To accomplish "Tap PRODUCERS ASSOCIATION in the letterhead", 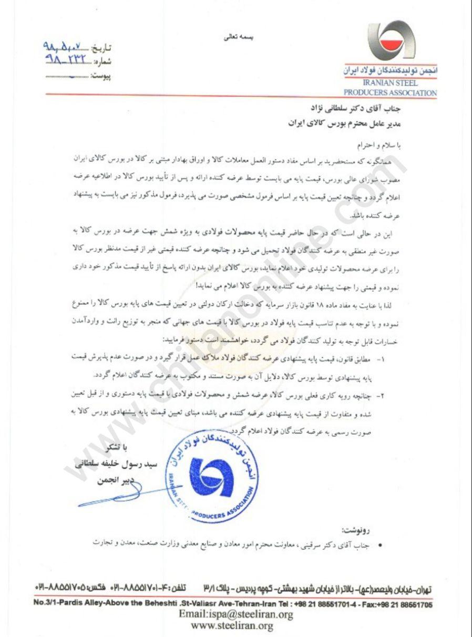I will coord(390,93).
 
